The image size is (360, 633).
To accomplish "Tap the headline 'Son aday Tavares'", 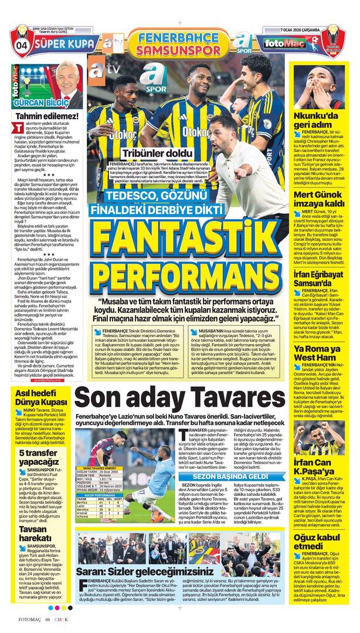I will [179, 398].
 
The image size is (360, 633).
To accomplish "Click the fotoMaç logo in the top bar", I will [280, 43].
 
